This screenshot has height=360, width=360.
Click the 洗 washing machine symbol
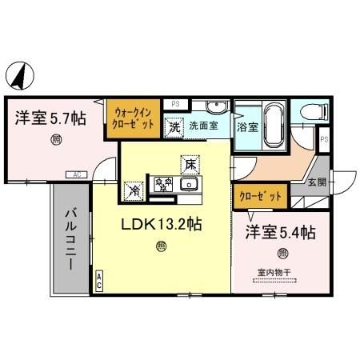(174, 126)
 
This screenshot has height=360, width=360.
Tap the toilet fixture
(316, 112)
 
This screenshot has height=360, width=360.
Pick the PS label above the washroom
(175, 104)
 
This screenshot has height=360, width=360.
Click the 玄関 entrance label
(318, 182)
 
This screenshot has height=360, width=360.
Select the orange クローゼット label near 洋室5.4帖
(260, 195)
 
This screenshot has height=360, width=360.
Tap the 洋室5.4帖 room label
(279, 233)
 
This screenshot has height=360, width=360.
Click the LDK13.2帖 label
(161, 225)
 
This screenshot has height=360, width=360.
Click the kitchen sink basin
(190, 186)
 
